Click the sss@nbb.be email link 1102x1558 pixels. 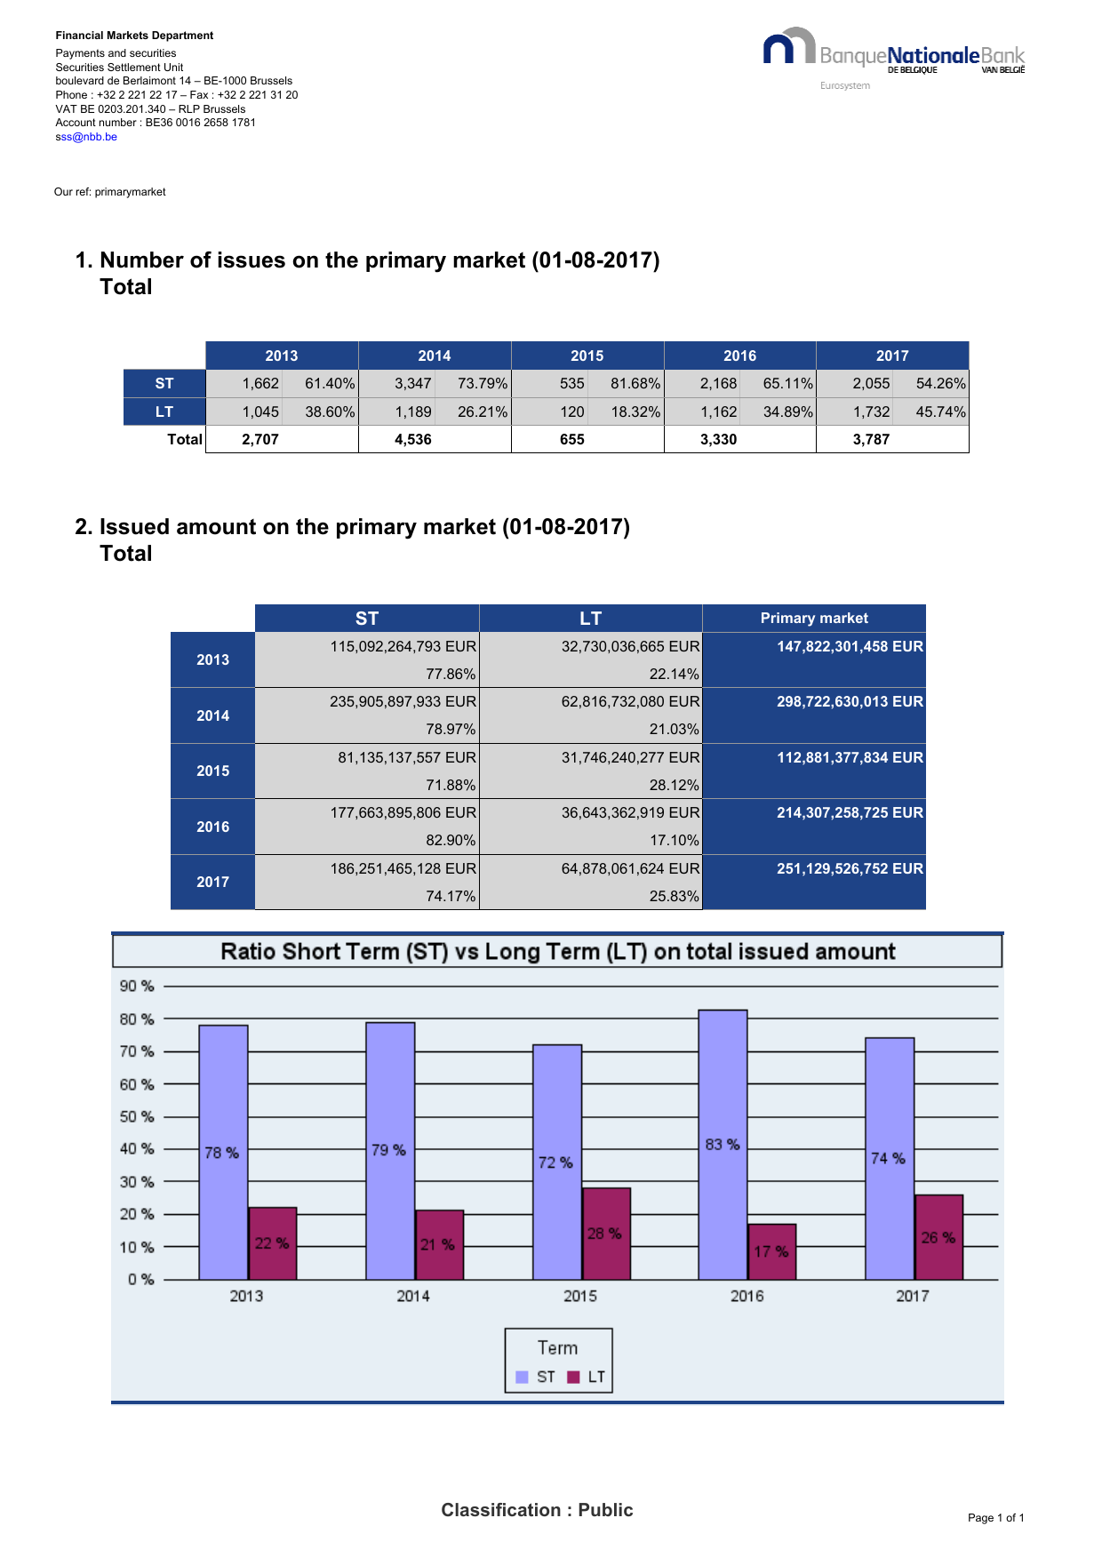[x=86, y=137]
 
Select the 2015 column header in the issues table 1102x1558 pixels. [x=587, y=356]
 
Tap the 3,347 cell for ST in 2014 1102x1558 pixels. [x=413, y=384]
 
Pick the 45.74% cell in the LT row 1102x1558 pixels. [x=940, y=412]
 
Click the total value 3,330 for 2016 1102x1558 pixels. [x=718, y=439]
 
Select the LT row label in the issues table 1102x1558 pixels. [x=164, y=412]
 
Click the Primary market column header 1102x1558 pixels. [x=814, y=618]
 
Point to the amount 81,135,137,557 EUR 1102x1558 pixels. [x=407, y=757]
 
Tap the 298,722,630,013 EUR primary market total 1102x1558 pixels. [x=850, y=702]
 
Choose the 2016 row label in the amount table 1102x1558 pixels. [x=212, y=827]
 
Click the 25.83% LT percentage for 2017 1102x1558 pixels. [x=674, y=896]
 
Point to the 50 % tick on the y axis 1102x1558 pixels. [x=137, y=1116]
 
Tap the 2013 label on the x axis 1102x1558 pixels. [x=246, y=1296]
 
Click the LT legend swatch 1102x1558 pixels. [x=573, y=1377]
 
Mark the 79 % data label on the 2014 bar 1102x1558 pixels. [x=388, y=1150]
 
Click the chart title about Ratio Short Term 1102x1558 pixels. [x=557, y=952]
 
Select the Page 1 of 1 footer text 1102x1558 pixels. [x=995, y=1518]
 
